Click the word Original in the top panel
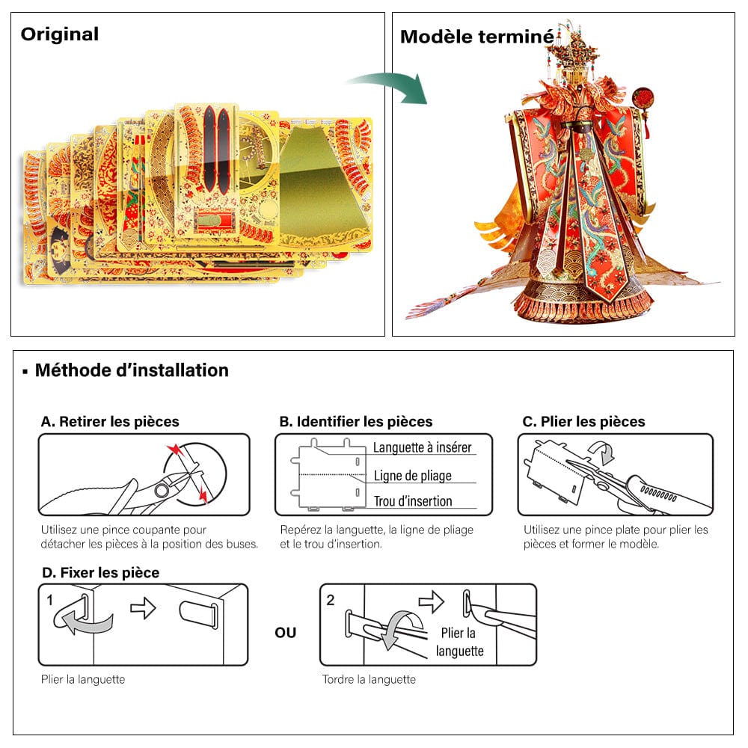[59, 34]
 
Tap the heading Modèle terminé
[476, 37]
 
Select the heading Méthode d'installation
[132, 370]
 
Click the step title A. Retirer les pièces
[110, 422]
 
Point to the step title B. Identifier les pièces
[356, 422]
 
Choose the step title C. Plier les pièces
[583, 422]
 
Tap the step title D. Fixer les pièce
[100, 573]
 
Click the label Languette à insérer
[423, 447]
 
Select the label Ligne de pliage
[413, 475]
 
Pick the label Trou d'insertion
[413, 501]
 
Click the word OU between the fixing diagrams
[285, 633]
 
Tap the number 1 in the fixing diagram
[50, 600]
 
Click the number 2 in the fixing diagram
[331, 600]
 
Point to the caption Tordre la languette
[369, 680]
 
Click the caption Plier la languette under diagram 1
[83, 680]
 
